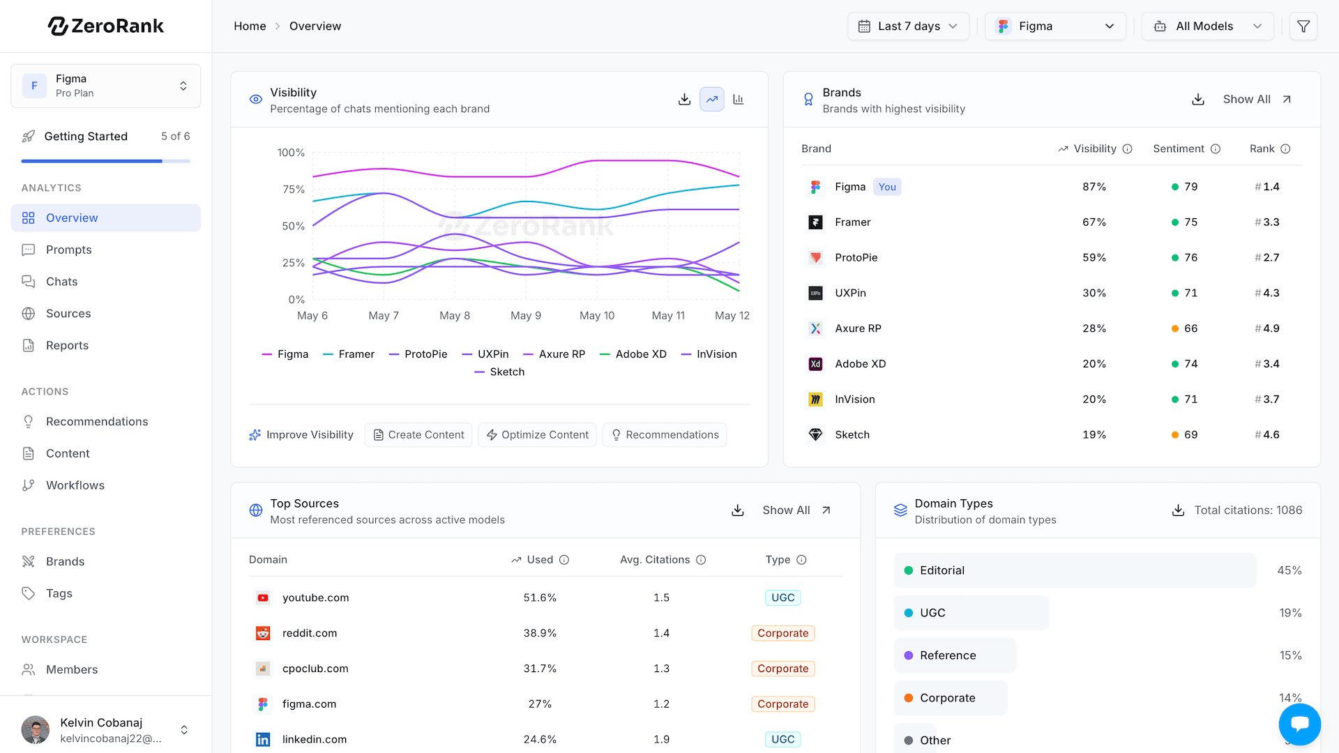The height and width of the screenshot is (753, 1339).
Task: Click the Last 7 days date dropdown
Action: click(908, 26)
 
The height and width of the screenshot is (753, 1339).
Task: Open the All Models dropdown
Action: click(1208, 26)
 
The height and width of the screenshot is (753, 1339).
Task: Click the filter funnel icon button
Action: click(1303, 26)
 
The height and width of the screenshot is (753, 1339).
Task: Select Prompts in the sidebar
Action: click(68, 250)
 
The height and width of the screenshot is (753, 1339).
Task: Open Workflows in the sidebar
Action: click(75, 485)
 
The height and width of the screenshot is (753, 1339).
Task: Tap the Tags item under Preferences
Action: click(59, 593)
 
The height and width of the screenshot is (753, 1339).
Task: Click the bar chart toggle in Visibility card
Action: click(739, 100)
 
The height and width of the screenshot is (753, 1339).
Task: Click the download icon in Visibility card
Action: click(685, 100)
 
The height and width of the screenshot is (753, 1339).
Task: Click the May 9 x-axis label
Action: click(526, 316)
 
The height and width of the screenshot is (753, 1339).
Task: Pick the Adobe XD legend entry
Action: click(633, 354)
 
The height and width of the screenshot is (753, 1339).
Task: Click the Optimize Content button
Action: click(537, 435)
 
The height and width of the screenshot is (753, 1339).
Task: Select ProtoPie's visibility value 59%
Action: click(1094, 258)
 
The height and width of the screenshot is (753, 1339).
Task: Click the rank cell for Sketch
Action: click(1267, 435)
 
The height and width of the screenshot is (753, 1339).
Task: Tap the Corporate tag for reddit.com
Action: click(782, 634)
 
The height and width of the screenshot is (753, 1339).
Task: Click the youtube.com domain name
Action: click(315, 598)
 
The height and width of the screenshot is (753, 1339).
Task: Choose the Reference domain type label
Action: click(948, 656)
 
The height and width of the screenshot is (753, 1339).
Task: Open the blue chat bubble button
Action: click(1299, 724)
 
